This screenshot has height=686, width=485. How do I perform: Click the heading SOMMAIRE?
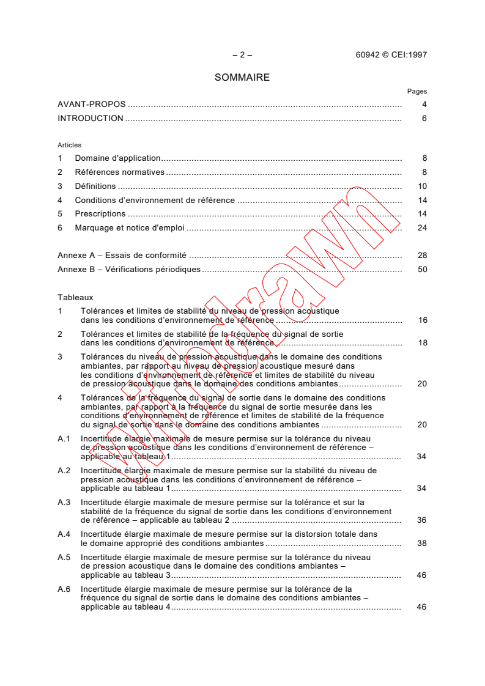[x=242, y=78]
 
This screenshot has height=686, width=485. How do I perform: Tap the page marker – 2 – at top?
[x=242, y=54]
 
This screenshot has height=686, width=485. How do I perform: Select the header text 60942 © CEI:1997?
[x=391, y=54]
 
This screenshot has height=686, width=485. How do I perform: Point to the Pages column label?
[x=417, y=92]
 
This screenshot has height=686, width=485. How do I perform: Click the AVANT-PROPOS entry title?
[x=91, y=105]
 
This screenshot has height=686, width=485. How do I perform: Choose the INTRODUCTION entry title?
[x=91, y=119]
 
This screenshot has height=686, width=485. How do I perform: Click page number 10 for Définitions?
[x=422, y=186]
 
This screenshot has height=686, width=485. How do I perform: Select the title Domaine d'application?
[x=117, y=158]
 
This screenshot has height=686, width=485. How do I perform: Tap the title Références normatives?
[x=120, y=172]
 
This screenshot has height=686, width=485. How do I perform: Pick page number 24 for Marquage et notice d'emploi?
[x=422, y=228]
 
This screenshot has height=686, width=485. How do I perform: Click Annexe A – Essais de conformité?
[x=122, y=256]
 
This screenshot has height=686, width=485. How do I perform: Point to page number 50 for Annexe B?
[x=422, y=270]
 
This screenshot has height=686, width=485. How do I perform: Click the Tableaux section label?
[x=75, y=297]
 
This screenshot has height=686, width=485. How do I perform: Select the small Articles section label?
[x=69, y=146]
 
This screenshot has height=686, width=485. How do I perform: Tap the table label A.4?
[x=64, y=534]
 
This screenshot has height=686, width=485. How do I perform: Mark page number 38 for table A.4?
[x=421, y=543]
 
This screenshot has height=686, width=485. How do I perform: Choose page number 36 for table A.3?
[x=421, y=520]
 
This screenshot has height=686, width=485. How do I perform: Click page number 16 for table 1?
[x=422, y=320]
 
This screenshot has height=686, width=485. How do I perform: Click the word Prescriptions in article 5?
[x=100, y=214]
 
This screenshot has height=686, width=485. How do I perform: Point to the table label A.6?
[x=64, y=589]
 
